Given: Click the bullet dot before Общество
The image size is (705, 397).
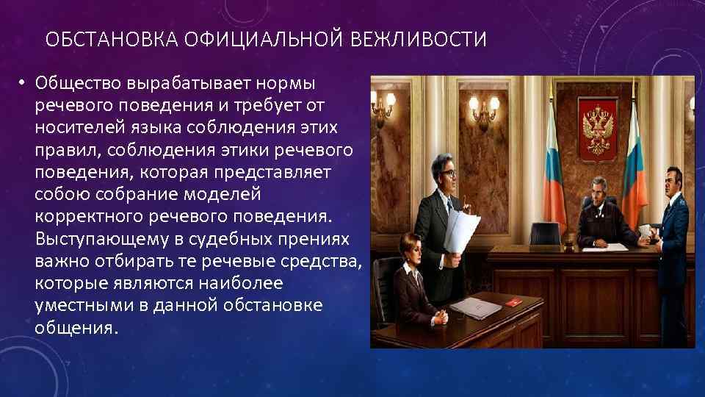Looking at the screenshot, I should tap(23, 82).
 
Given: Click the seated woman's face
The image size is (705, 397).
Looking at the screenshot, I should tap(408, 253).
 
